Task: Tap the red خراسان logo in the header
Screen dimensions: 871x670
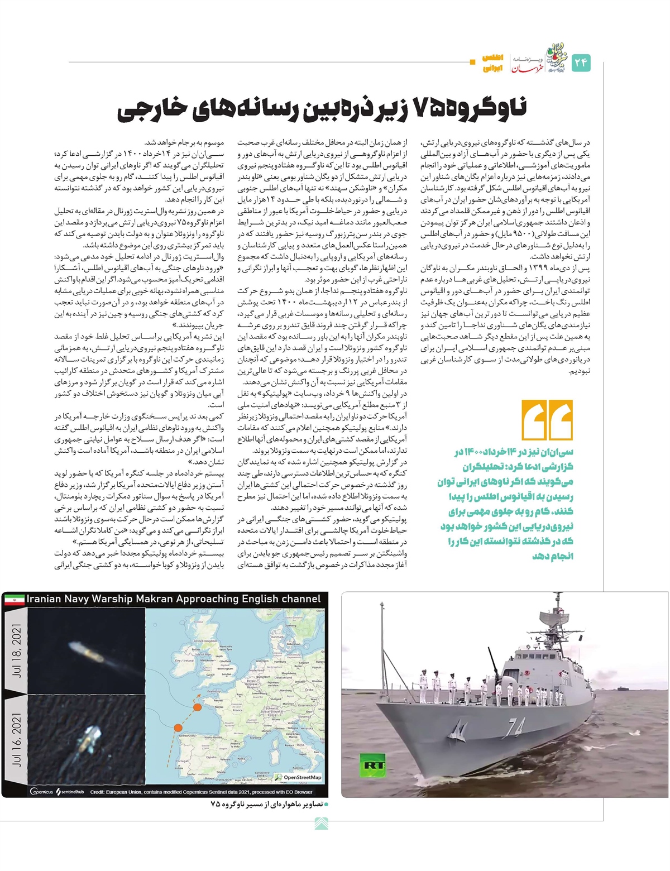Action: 524,67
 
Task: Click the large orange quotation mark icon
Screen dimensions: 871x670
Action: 547,420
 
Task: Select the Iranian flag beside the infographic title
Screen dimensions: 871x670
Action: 14,600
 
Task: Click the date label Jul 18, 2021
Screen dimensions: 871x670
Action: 17,650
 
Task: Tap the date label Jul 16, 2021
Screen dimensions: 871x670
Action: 17,739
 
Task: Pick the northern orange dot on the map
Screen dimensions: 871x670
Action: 197,707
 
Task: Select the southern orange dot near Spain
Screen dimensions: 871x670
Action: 178,728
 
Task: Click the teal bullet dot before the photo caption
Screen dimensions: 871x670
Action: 327,805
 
